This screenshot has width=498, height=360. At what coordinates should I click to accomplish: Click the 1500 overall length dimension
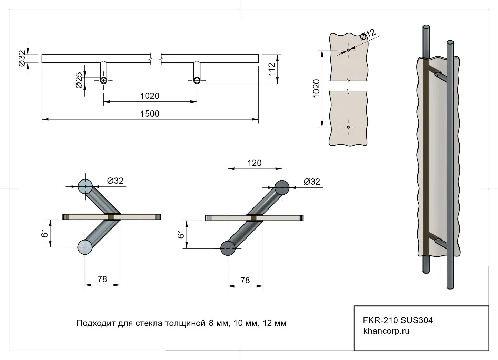(150, 114)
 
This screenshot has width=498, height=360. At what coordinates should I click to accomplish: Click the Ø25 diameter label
(79, 80)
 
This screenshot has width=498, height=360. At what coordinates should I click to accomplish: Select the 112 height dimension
(272, 69)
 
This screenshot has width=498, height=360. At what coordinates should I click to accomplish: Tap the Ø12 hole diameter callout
(368, 35)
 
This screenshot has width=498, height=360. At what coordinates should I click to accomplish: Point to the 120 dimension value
(255, 163)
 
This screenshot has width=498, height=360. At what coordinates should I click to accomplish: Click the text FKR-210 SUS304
(398, 320)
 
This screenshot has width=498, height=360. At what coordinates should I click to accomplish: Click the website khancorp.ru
(386, 331)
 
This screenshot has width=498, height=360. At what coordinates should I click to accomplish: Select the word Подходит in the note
(91, 323)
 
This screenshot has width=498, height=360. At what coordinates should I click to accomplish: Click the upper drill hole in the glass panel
(348, 50)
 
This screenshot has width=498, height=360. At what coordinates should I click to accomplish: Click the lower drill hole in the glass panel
(348, 127)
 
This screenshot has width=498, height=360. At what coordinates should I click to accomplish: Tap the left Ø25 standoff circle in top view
(103, 80)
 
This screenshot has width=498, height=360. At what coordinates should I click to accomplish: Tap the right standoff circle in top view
(197, 80)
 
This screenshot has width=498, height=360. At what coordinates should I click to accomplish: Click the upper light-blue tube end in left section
(85, 186)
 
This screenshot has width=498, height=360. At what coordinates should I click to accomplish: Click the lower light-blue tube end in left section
(85, 247)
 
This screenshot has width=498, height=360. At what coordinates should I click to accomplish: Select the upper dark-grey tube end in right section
(282, 187)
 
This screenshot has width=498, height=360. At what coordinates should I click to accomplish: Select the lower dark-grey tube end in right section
(228, 248)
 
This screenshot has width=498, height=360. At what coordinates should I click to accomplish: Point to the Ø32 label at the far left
(21, 58)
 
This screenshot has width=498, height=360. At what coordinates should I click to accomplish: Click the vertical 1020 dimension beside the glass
(316, 88)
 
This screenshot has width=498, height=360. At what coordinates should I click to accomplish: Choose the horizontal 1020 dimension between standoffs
(150, 96)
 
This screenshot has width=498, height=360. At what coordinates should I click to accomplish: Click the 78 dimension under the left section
(102, 279)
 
